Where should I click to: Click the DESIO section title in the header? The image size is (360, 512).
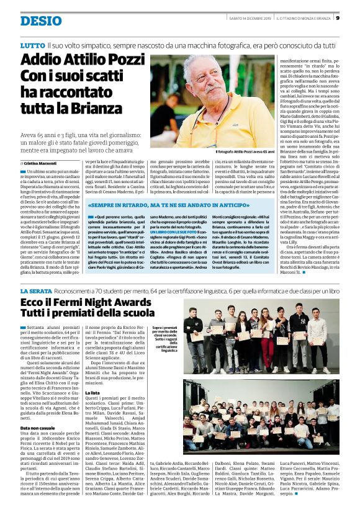coord(40,21)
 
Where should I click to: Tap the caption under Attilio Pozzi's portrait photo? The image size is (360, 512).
coord(244,152)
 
